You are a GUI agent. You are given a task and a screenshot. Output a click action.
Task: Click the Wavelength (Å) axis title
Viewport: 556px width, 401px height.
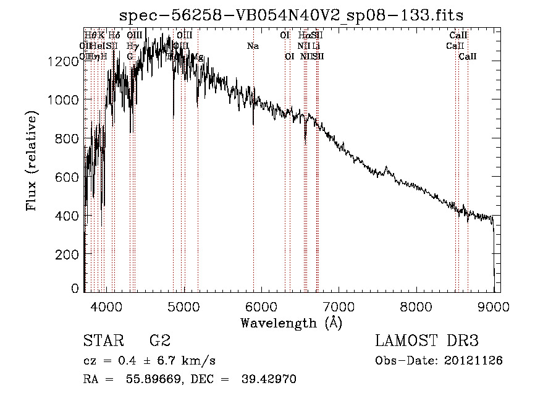point(291,322)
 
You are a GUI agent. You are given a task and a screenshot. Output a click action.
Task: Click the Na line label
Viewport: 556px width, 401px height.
point(253,46)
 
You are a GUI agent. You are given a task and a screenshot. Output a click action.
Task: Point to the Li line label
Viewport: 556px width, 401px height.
point(316,46)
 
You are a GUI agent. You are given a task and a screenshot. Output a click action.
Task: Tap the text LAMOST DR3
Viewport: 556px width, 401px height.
point(427,340)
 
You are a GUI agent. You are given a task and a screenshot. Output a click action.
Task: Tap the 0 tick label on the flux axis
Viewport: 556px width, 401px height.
point(75,289)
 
